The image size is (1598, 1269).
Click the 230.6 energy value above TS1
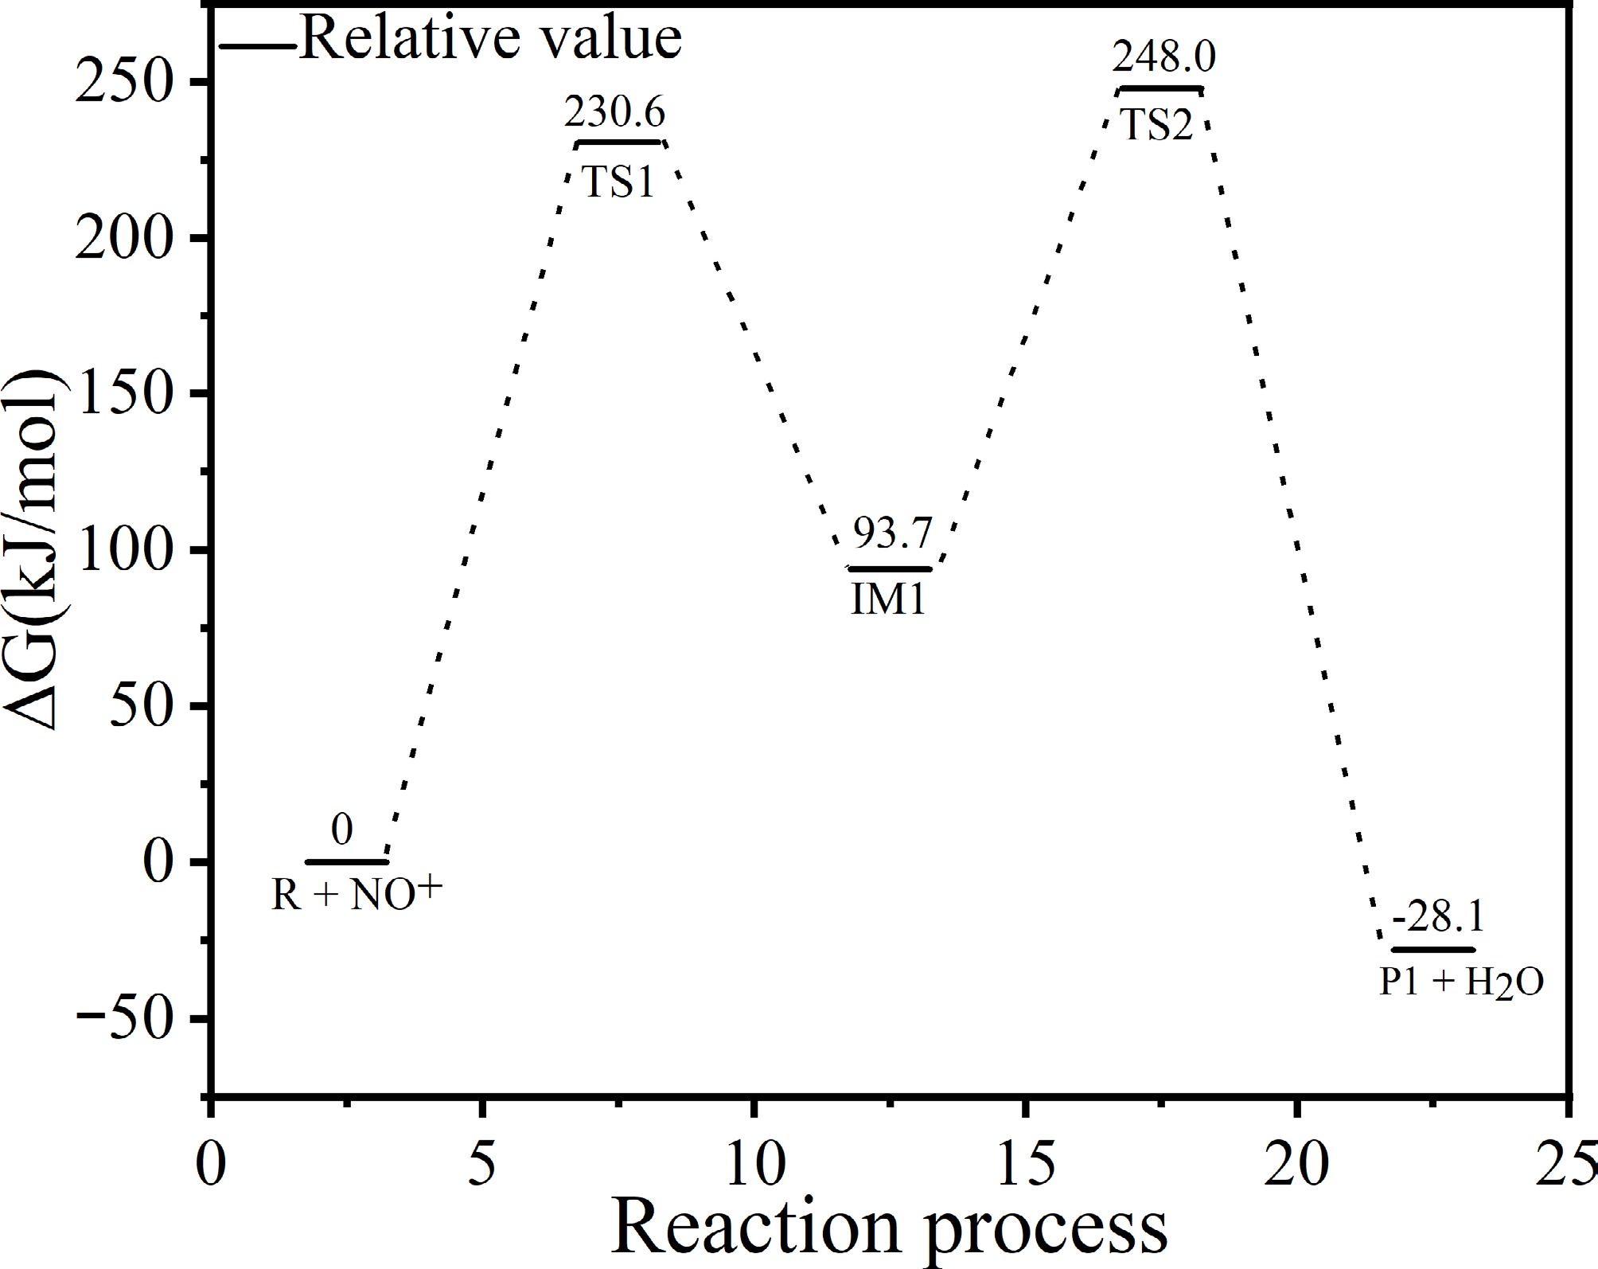point(614,114)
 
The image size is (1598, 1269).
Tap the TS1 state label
point(619,182)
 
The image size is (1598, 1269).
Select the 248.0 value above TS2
point(1163,58)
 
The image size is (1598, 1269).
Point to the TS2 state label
point(1159,126)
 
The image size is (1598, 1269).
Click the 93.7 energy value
point(891,533)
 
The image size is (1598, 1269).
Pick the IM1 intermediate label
point(889,599)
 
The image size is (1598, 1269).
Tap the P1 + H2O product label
point(1461,984)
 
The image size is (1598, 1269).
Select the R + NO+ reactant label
point(356,894)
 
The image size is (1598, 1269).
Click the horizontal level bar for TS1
point(619,143)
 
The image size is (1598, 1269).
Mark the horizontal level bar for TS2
point(1160,88)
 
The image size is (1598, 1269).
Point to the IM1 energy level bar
point(890,568)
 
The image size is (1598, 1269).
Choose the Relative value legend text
point(491,37)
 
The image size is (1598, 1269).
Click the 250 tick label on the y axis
point(123,82)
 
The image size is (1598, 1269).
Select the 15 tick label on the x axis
point(1024,1165)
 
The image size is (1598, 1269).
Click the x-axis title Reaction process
point(889,1229)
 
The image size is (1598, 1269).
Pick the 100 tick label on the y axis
point(123,550)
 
